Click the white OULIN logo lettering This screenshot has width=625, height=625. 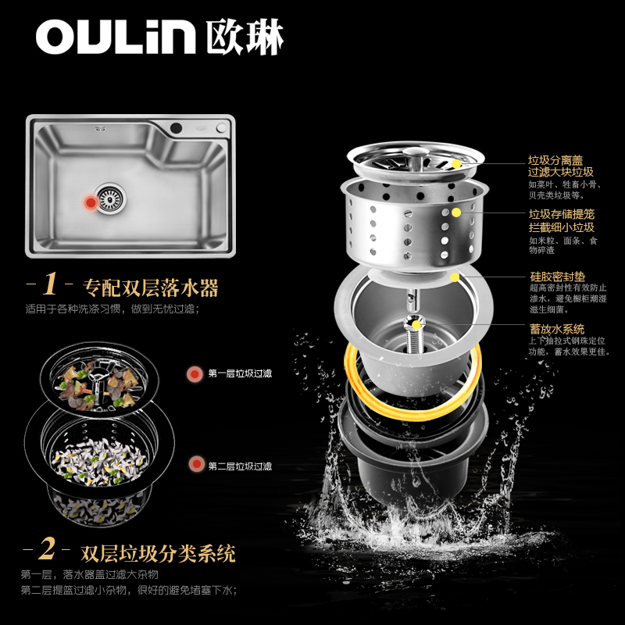(x=116, y=37)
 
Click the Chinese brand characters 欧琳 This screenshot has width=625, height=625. (x=245, y=37)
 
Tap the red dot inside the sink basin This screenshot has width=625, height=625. (x=91, y=202)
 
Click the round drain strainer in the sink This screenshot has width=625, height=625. (x=110, y=198)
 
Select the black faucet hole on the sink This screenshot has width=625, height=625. (x=176, y=128)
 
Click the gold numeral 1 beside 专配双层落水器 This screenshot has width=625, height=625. (x=50, y=284)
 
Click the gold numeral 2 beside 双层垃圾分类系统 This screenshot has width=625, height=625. (x=47, y=548)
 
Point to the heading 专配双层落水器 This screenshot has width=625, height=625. (x=151, y=287)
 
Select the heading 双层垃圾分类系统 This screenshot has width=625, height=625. (x=158, y=553)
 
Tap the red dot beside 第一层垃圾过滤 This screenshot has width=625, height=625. (x=195, y=374)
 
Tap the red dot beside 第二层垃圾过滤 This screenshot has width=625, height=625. (x=196, y=464)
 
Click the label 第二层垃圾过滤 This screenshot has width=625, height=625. (x=240, y=466)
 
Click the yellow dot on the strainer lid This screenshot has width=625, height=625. (x=456, y=164)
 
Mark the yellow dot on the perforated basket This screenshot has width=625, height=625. (x=456, y=212)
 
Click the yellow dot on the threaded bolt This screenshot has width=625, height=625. (x=416, y=325)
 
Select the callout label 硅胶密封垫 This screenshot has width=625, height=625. (x=557, y=277)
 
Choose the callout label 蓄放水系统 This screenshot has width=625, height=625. (x=557, y=329)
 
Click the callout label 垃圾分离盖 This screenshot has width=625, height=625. (x=555, y=160)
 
